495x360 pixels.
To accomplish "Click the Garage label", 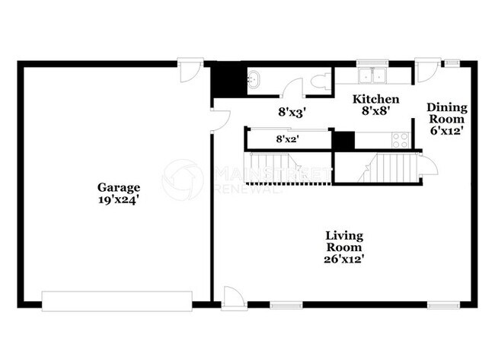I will (x=117, y=187).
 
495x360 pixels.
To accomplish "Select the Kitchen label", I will (x=375, y=99).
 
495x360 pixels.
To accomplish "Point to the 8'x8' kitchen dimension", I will (x=375, y=111).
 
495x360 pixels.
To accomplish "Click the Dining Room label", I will (x=446, y=113).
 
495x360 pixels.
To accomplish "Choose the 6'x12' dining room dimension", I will (x=446, y=130).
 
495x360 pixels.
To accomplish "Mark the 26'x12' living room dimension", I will (x=344, y=259).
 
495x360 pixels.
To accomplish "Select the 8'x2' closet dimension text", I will (x=286, y=139).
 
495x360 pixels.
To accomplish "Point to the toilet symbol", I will (x=321, y=81).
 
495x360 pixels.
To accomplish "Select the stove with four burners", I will (x=399, y=139).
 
